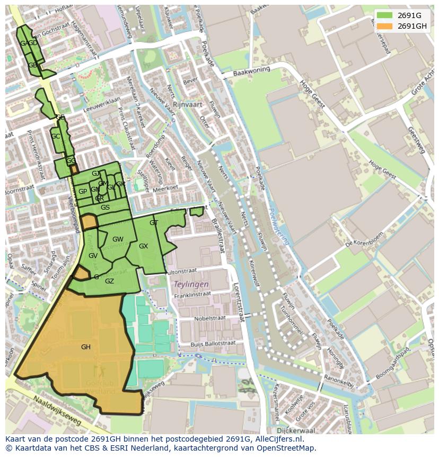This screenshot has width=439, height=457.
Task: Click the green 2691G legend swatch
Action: click(385, 15)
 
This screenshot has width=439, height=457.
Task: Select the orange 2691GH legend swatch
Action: click(385, 26)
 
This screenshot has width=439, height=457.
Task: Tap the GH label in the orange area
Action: click(85, 347)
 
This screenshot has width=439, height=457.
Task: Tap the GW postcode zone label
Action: click(118, 239)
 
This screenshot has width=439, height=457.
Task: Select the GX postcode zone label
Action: click(143, 246)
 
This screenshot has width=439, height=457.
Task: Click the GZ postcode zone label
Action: click(109, 281)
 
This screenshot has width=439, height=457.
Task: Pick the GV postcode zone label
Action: click(93, 256)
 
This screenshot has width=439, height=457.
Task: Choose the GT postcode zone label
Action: click(154, 223)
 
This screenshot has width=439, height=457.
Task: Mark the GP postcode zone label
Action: click(83, 192)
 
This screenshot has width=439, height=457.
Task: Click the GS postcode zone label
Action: click(105, 208)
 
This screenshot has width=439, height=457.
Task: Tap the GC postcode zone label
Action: click(55, 136)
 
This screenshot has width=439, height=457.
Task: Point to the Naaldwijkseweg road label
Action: click(56, 412)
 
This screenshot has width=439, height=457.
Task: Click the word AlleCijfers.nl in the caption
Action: click(285, 439)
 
